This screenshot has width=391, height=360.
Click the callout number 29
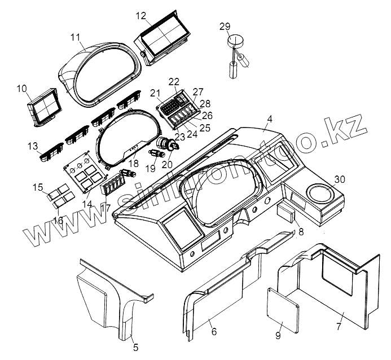tap(225, 27)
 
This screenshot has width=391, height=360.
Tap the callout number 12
tap(140, 15)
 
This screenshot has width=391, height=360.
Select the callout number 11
tap(76, 37)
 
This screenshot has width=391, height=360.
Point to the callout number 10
tap(22, 88)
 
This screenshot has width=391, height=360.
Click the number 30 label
tap(338, 179)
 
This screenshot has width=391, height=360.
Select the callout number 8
tap(300, 231)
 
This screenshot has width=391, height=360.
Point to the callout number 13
tap(33, 146)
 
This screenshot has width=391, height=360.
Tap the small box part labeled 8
tap(286, 214)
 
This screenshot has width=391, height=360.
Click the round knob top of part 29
tap(234, 41)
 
